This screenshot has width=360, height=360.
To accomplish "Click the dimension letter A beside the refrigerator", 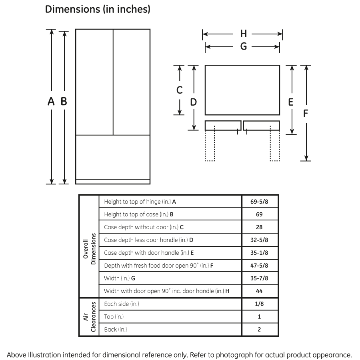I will (x=51, y=102).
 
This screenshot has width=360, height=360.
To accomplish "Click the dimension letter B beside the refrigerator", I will (x=64, y=102).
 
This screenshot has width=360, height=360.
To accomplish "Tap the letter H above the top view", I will (x=243, y=34).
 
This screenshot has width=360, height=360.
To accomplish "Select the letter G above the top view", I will (x=243, y=47).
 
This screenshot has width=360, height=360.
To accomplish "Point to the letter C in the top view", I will (x=180, y=90).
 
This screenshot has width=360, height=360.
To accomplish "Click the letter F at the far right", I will (x=306, y=114).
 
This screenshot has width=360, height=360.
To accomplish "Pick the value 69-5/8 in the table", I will (x=259, y=202).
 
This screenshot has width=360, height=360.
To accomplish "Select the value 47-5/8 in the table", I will (x=259, y=266).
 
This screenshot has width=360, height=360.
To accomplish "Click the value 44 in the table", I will (x=259, y=291).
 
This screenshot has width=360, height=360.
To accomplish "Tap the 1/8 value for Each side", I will (x=259, y=304).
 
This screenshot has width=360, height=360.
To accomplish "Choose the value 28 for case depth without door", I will (x=259, y=227).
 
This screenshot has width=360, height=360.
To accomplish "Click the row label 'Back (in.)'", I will (x=116, y=330).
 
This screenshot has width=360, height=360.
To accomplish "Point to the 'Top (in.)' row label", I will (x=114, y=317).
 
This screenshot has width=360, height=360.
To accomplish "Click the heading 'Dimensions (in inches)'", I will (x=98, y=10).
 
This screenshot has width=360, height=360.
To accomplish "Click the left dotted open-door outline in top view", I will (x=210, y=146).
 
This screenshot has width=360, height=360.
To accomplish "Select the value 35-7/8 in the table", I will (x=259, y=278).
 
